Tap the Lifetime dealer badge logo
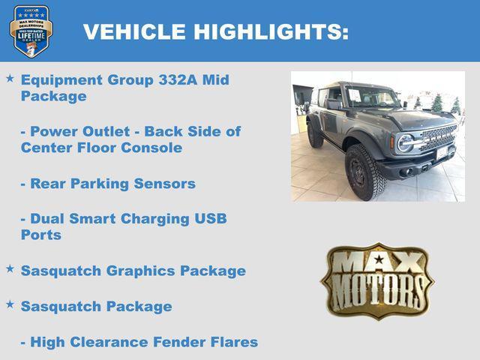click(31, 31)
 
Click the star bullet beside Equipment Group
click(10, 78)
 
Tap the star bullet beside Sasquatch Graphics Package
click(10, 268)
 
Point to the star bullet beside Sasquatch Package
click(10, 304)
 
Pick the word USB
click(209, 219)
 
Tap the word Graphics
click(143, 271)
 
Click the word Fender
click(178, 342)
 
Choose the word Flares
click(233, 342)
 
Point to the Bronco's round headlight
click(405, 142)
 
